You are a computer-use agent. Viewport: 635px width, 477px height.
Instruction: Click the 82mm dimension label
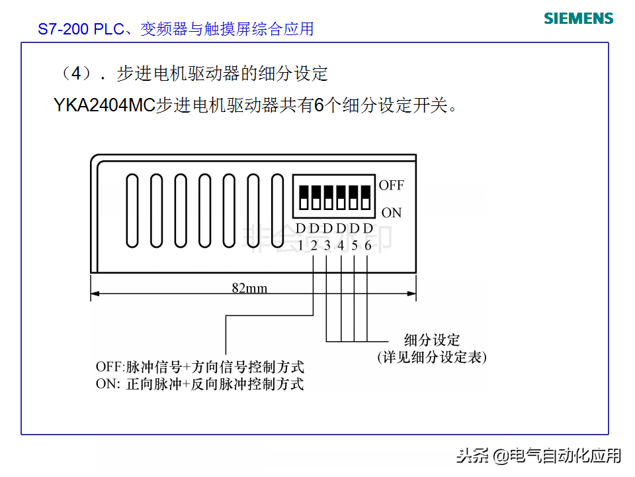click(249, 288)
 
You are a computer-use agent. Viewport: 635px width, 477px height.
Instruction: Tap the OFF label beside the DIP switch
click(391, 185)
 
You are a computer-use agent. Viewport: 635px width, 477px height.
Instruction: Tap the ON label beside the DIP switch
click(392, 213)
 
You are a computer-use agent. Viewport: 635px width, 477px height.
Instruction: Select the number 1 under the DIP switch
click(300, 244)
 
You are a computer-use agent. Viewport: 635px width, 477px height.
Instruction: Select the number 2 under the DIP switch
click(314, 244)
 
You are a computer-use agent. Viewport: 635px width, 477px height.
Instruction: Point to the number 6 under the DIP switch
click(368, 244)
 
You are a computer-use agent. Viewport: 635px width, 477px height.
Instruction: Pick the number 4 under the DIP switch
click(341, 244)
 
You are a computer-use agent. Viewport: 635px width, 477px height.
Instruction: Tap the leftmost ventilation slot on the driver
click(132, 209)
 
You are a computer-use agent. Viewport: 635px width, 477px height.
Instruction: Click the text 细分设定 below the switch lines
click(432, 341)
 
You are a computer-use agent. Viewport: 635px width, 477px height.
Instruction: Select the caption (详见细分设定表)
click(432, 358)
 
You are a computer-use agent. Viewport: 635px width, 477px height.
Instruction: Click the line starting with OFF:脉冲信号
click(200, 367)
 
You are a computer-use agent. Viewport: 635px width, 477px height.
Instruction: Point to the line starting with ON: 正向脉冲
click(200, 384)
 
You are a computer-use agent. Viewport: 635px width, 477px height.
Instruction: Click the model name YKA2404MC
click(104, 105)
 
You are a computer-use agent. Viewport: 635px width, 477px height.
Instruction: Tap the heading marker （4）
click(77, 73)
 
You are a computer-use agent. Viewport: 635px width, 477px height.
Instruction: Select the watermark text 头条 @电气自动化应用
click(539, 455)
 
